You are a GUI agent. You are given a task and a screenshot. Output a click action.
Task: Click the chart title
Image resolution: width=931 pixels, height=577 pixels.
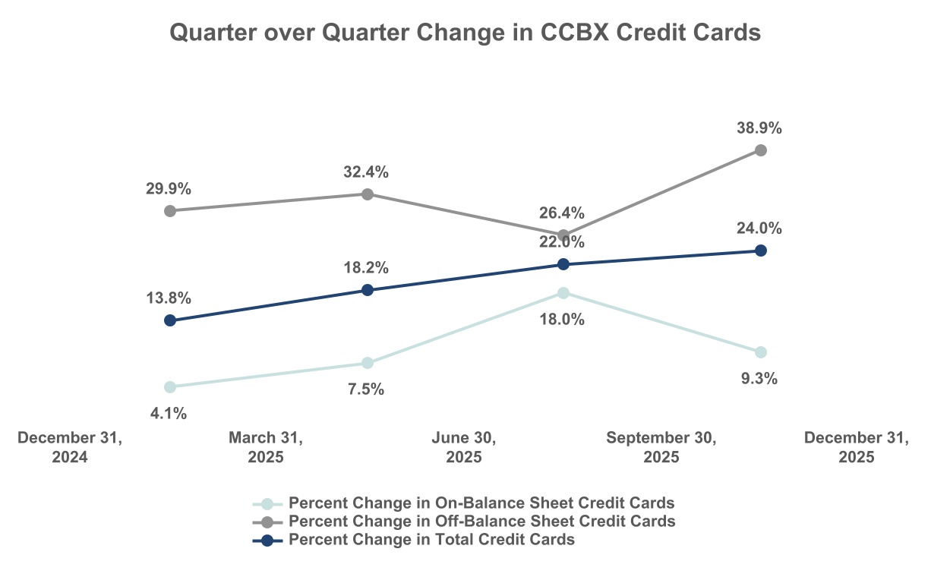click(465, 33)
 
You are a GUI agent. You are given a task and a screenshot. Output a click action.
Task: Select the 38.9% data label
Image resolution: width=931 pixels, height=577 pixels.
click(759, 128)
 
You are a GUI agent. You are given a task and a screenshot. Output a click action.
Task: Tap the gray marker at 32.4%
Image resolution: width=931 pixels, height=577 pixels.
click(368, 194)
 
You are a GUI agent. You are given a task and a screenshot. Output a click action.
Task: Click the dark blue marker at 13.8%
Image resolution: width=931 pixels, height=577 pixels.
click(170, 320)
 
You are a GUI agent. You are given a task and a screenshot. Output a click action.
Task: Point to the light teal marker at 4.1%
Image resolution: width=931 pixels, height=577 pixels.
click(170, 387)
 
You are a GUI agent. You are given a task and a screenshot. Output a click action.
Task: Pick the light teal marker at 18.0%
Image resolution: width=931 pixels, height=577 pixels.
click(563, 293)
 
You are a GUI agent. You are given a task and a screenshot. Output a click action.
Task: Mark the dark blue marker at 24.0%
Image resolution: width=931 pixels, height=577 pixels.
click(761, 251)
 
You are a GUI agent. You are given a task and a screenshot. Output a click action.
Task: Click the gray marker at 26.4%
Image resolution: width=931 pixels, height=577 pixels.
click(563, 235)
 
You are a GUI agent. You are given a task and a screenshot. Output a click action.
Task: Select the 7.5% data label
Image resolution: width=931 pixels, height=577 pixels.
click(366, 389)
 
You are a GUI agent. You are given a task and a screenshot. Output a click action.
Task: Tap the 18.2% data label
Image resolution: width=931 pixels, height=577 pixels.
click(366, 267)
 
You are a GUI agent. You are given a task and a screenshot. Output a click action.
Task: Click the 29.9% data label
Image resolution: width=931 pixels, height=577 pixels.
click(169, 188)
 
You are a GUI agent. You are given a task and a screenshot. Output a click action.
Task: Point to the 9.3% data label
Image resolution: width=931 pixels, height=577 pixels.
click(759, 379)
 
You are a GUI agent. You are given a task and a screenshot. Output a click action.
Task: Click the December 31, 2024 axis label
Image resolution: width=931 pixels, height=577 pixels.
click(70, 448)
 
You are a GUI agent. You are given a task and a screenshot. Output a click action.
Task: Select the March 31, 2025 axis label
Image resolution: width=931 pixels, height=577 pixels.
click(266, 448)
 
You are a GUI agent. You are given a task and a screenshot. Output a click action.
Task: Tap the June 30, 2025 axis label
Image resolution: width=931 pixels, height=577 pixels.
click(464, 448)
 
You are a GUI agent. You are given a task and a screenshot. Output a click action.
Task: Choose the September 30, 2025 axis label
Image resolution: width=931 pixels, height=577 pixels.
click(661, 448)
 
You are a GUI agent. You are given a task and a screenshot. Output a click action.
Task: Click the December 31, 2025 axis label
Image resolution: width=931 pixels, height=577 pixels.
click(857, 448)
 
